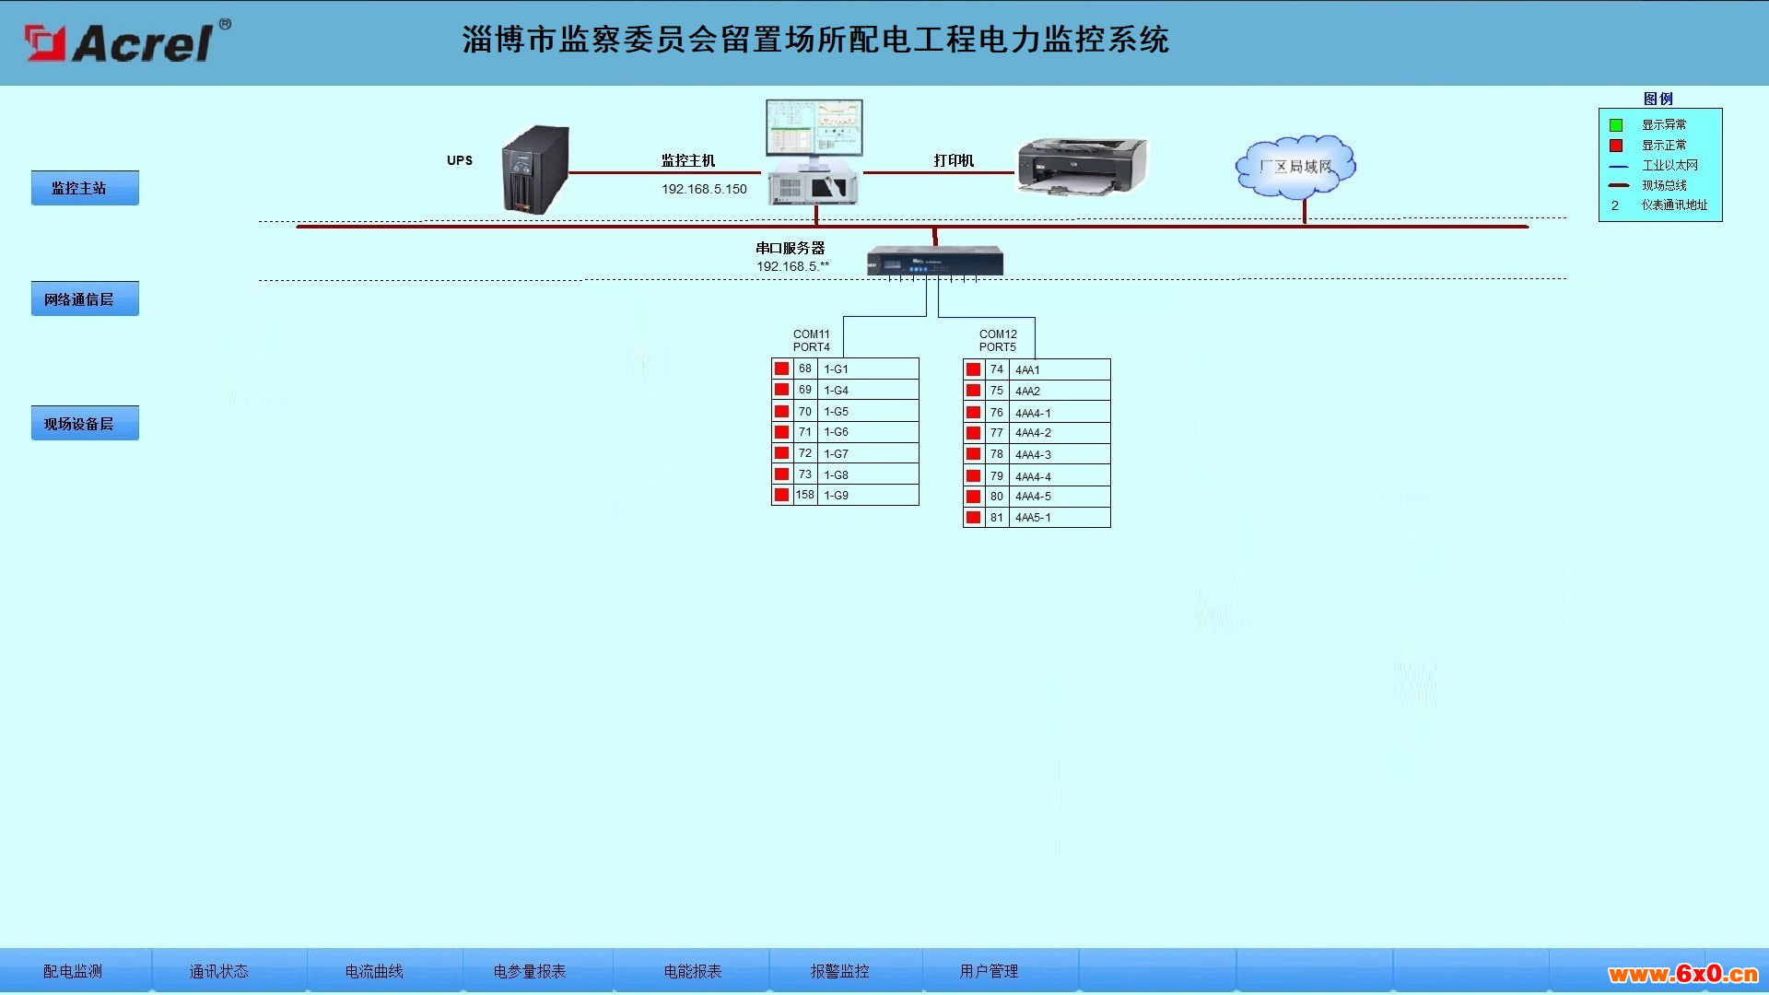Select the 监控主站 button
click(x=85, y=188)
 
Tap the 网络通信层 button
click(x=85, y=298)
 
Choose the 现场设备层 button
click(x=85, y=423)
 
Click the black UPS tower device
click(x=535, y=170)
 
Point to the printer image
click(x=1083, y=167)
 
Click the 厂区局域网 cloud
click(x=1295, y=167)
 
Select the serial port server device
click(x=935, y=261)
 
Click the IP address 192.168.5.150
click(x=704, y=189)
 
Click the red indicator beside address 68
click(x=781, y=369)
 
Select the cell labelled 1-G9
click(x=868, y=495)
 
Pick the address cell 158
click(x=805, y=495)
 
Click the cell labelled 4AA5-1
click(x=1060, y=517)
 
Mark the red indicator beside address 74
click(x=973, y=369)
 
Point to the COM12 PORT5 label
click(x=998, y=341)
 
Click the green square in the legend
click(x=1616, y=125)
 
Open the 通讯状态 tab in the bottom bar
click(x=218, y=971)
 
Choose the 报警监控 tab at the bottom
click(x=839, y=971)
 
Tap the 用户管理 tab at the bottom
click(x=989, y=971)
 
